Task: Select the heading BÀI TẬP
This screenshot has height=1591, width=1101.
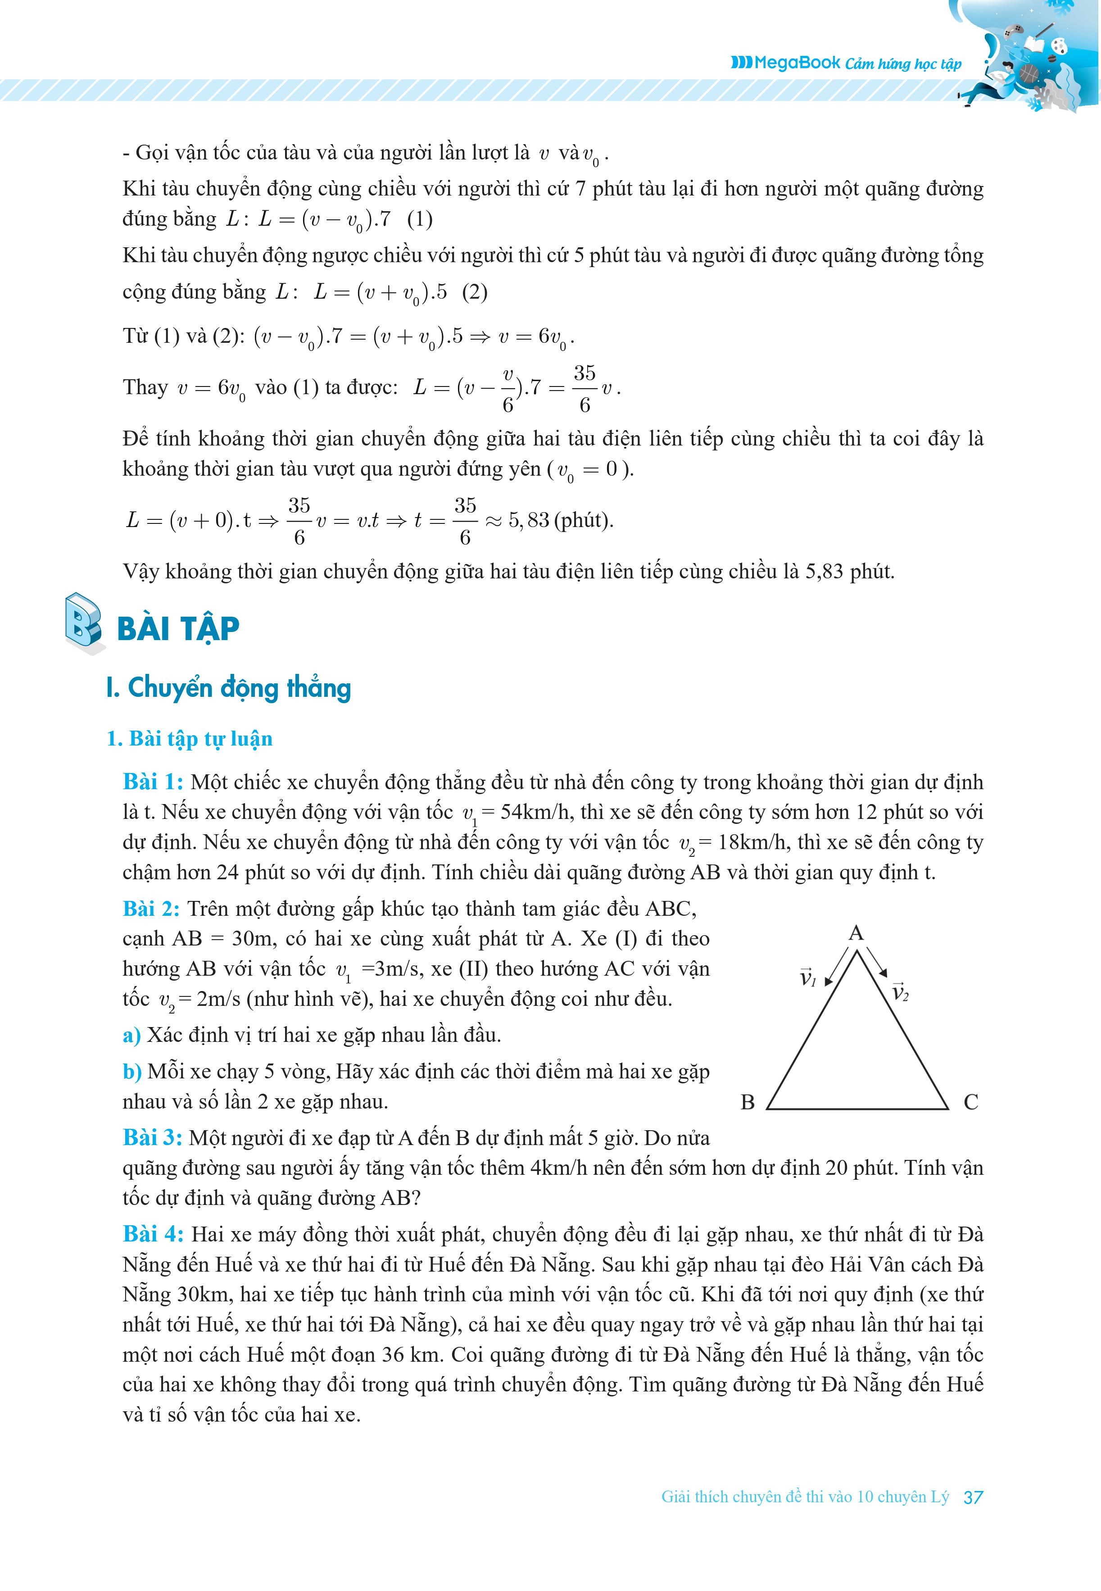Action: (178, 628)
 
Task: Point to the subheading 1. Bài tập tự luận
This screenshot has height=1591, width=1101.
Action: (190, 739)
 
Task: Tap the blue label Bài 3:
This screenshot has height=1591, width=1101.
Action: (153, 1138)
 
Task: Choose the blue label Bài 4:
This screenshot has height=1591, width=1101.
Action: (153, 1234)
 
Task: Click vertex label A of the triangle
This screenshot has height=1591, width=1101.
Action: (856, 933)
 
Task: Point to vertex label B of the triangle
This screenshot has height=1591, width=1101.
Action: (748, 1102)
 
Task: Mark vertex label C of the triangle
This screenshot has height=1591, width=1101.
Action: (970, 1102)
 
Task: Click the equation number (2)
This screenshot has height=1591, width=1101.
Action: (475, 292)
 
